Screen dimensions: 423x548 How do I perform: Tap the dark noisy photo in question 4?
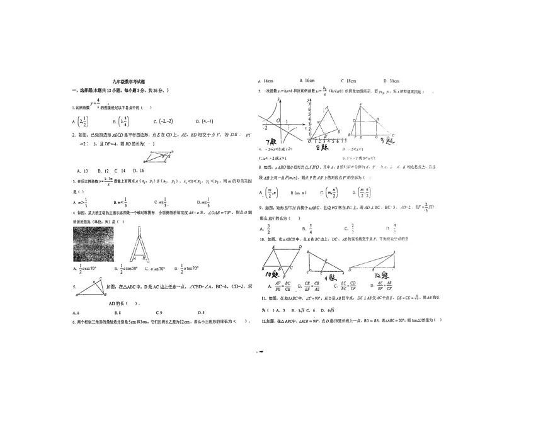pyautogui.click(x=94, y=244)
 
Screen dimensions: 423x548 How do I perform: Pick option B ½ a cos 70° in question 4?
pyautogui.click(x=124, y=269)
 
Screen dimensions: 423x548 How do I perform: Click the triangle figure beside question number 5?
pyautogui.click(x=93, y=289)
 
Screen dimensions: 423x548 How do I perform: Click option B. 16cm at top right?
pyautogui.click(x=307, y=81)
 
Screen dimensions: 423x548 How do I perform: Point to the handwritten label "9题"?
pyautogui.click(x=385, y=141)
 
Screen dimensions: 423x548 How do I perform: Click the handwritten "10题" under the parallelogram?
pyautogui.click(x=272, y=274)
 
